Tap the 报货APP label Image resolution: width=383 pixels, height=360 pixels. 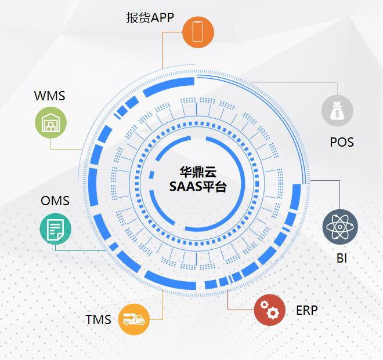[150, 17]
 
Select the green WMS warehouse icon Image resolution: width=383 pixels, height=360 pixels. [50, 123]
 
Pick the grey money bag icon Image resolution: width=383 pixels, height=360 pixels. [337, 110]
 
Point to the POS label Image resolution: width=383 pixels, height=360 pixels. [341, 142]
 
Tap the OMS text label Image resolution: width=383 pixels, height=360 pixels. [55, 201]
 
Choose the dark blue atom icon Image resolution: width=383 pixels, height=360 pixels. [340, 226]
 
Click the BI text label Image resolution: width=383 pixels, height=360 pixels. [341, 259]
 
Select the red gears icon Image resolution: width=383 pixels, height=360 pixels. [270, 310]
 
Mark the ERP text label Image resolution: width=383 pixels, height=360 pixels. [307, 310]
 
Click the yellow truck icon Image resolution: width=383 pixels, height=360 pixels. [134, 319]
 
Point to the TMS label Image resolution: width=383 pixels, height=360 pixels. [98, 319]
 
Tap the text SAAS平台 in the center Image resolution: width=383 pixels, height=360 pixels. [197, 187]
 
